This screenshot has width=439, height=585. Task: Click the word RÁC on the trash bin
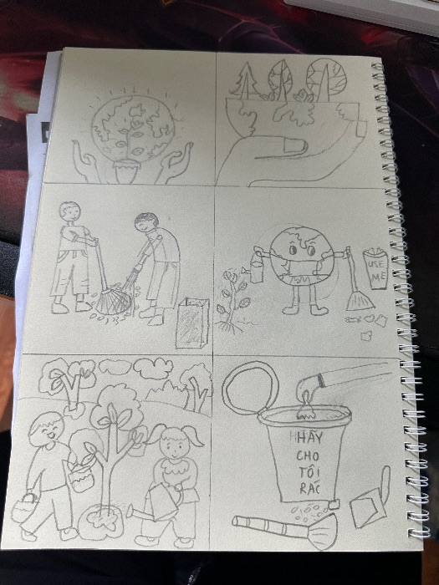309,488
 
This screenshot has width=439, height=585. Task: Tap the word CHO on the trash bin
308,455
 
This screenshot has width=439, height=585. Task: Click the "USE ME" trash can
375,268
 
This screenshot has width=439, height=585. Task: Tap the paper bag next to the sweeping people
191,323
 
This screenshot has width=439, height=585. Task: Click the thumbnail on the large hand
296,146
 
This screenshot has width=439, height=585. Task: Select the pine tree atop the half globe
245,79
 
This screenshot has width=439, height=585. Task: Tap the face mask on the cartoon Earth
303,267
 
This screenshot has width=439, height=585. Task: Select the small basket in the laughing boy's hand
24,507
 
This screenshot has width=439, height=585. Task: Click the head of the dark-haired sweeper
146,223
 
